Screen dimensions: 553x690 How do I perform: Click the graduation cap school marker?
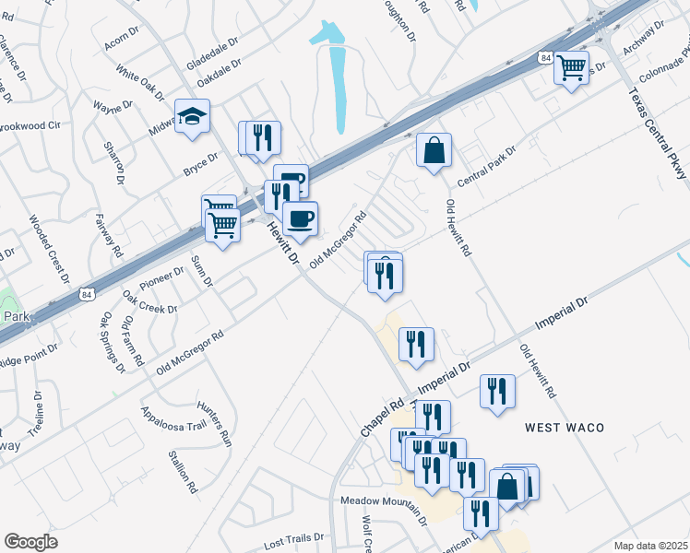pos(193,117)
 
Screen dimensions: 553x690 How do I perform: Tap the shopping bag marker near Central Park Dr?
pos(434,150)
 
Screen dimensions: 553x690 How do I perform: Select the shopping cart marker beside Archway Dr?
pos(572,67)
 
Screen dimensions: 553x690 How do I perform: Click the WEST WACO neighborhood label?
pos(565,428)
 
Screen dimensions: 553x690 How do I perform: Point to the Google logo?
pos(30,542)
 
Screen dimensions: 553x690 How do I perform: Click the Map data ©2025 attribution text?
pos(649,546)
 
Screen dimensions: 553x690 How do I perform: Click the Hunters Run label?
pos(214,424)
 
